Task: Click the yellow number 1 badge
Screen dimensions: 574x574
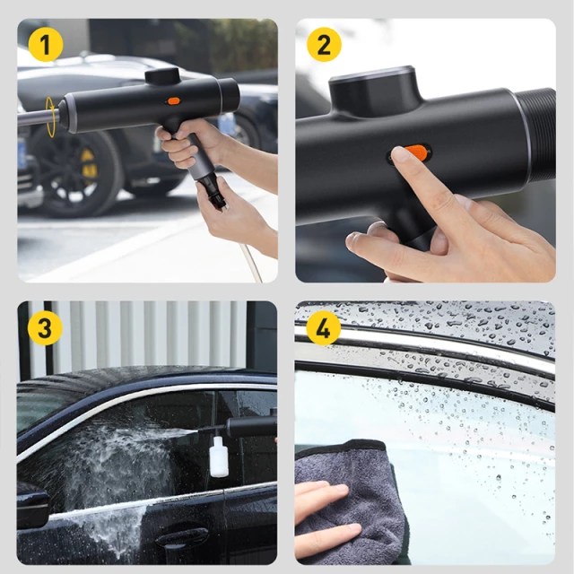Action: (x=46, y=44)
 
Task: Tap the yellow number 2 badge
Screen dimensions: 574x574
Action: (x=324, y=44)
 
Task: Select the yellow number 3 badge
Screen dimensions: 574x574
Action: (x=45, y=328)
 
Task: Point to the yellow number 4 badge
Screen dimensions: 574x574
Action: (x=323, y=327)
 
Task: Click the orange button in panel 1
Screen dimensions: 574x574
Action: (x=173, y=100)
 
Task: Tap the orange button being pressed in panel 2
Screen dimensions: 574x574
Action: (x=415, y=152)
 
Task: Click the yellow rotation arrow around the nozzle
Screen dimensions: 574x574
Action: (x=52, y=117)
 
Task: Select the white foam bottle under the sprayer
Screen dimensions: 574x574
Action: (x=219, y=457)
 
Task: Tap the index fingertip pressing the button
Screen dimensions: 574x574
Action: (x=400, y=154)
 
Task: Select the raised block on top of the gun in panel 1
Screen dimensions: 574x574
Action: (x=162, y=75)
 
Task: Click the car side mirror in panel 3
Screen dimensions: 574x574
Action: (x=32, y=505)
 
